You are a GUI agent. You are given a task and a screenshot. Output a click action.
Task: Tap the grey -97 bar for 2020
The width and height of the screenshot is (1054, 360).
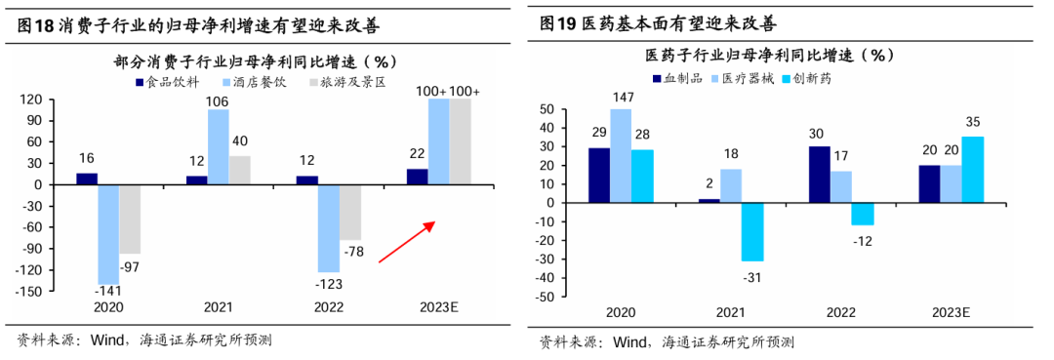(x=130, y=219)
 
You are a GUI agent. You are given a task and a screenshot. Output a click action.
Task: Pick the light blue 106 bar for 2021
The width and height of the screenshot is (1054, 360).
(x=219, y=146)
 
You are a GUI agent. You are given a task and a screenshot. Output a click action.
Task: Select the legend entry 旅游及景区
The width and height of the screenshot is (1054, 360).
(x=346, y=83)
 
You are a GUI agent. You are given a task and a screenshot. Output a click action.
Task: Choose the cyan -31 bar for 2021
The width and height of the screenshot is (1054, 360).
(x=751, y=231)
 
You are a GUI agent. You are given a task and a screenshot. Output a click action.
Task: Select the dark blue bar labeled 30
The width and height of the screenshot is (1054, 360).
(x=820, y=175)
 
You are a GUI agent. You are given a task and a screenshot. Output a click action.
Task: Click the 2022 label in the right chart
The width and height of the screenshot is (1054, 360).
(x=842, y=312)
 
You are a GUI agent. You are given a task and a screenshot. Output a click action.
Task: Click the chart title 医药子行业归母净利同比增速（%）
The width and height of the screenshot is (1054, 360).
(x=771, y=55)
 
